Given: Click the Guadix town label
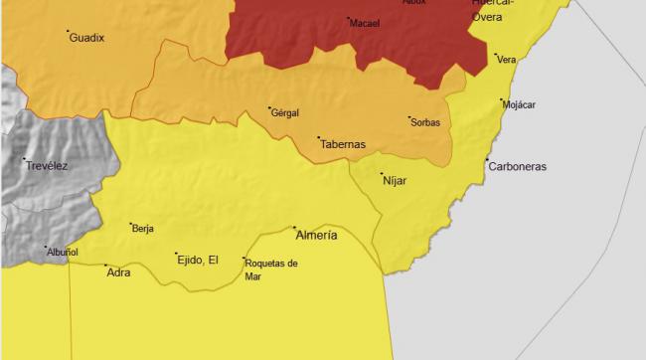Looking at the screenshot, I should point(87,38).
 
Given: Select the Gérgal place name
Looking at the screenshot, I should point(284,113).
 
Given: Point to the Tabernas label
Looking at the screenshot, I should point(343,144).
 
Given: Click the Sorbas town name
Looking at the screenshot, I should point(424,123).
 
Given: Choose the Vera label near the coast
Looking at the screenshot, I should point(507,60).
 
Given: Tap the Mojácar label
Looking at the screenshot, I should point(520,104).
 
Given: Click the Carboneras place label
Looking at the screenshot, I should point(517,166).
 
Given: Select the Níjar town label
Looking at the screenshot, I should point(396,181).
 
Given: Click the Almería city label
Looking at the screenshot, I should point(317,236).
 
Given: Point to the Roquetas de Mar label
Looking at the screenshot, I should point(270,269).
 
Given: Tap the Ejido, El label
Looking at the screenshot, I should point(198,260).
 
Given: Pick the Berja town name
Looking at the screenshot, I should point(143,229).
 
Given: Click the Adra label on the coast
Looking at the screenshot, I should point(118,271).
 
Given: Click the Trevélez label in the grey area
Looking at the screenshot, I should point(48,166).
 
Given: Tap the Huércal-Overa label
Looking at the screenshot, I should point(493,10).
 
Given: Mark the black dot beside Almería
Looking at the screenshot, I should point(295,228).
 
